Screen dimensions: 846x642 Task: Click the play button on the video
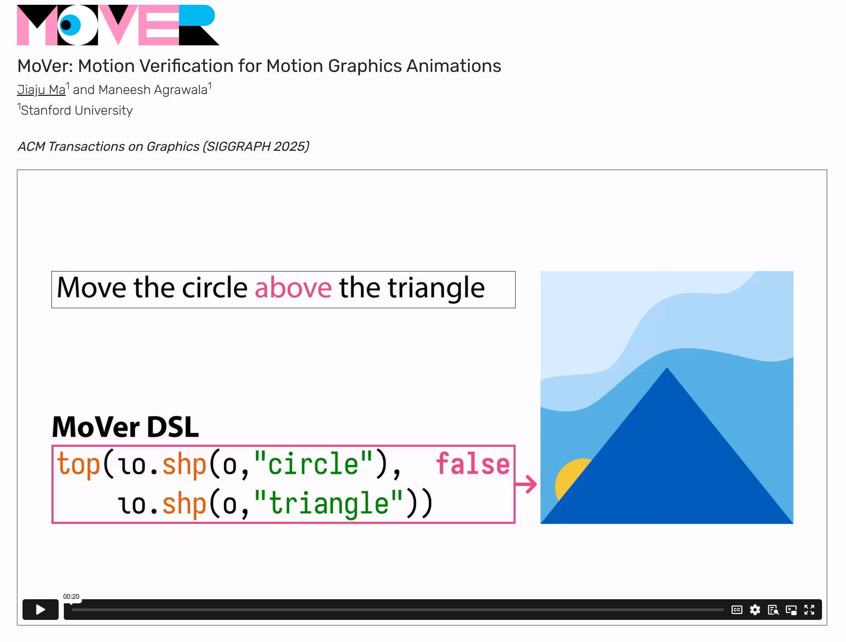click(40, 609)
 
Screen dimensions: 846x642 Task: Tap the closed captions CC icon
click(737, 610)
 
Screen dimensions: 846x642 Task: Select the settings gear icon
click(755, 610)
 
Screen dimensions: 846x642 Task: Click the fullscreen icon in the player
click(809, 610)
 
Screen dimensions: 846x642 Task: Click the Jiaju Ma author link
click(41, 90)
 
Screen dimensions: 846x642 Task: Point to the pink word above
click(293, 288)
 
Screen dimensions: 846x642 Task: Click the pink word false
click(473, 464)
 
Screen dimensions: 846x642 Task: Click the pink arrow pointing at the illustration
click(526, 484)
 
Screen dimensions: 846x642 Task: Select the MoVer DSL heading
click(125, 427)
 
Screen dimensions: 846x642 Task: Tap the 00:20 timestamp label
click(71, 597)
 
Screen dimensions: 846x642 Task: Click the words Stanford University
click(76, 111)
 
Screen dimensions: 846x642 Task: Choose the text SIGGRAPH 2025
click(255, 146)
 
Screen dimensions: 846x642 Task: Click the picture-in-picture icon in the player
click(791, 610)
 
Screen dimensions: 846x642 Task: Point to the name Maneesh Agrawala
click(153, 90)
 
